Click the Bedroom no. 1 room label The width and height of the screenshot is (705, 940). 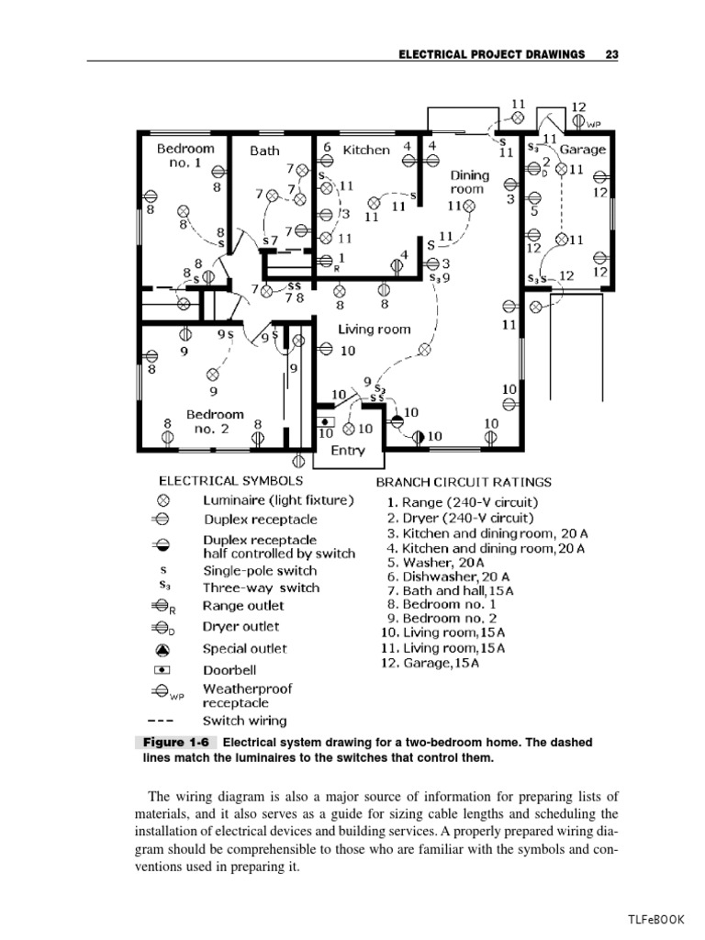point(185,155)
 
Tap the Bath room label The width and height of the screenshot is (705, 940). point(264,151)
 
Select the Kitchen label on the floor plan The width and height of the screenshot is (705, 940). point(366,150)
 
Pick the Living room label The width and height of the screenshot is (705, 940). point(375,329)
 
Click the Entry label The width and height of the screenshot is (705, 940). point(347,451)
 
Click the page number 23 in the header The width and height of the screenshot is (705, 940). point(612,54)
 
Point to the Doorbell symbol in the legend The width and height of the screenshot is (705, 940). point(162,670)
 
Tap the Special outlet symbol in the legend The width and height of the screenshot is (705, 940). point(162,649)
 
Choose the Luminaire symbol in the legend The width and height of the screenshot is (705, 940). point(162,501)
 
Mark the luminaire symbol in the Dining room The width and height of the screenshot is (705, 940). point(470,207)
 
